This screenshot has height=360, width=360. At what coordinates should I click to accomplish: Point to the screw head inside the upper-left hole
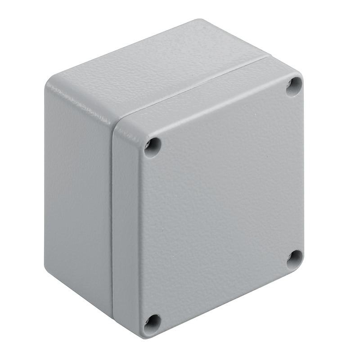click(150, 144)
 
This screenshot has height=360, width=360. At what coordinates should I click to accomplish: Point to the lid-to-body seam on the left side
click(112, 216)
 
